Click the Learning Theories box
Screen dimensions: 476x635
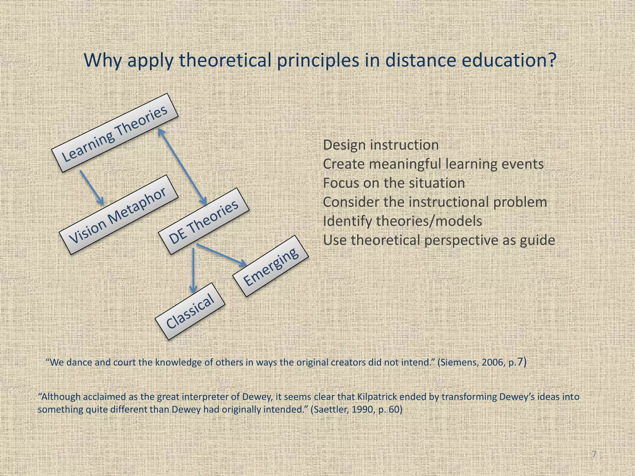[115, 133]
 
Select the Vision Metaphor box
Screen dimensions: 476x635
[118, 214]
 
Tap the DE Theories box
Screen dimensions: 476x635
[204, 221]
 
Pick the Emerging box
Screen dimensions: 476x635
[271, 266]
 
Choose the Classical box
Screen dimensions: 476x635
[190, 311]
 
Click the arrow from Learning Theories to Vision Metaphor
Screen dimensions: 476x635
[91, 187]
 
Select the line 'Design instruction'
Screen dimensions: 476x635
[381, 145]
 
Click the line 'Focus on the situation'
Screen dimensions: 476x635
[394, 183]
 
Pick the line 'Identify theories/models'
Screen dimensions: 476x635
[402, 221]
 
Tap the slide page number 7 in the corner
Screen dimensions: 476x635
[594, 455]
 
